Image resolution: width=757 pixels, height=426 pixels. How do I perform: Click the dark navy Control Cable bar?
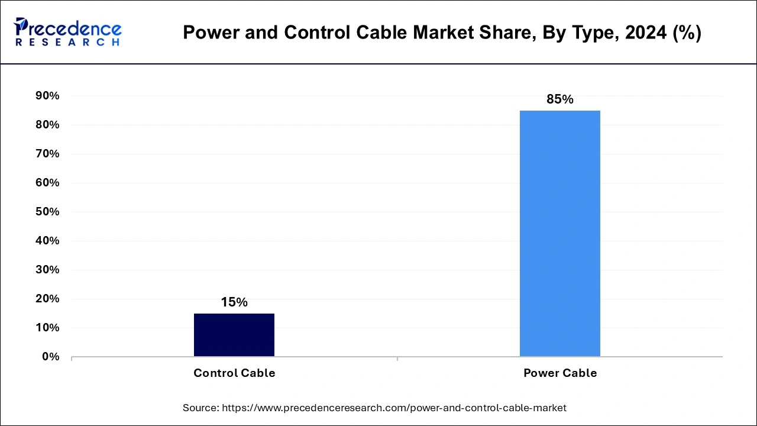coord(234,335)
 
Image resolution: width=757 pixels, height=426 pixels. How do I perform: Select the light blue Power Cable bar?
coord(559,233)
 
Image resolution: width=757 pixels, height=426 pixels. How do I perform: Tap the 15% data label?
coord(234,302)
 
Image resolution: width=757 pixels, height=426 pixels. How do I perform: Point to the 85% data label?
coord(559,99)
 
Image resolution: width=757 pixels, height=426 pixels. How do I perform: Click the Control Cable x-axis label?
coord(234,373)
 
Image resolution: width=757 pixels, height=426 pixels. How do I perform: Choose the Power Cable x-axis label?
coord(559,373)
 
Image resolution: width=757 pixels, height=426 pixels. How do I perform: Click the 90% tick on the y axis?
coord(47,96)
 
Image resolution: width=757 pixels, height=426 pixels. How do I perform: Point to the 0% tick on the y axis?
coord(50,357)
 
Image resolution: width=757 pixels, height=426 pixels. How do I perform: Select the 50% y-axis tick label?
coord(47,212)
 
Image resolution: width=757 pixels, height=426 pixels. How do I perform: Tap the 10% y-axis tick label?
coord(47,328)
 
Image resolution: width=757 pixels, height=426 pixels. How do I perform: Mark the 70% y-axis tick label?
coord(47,154)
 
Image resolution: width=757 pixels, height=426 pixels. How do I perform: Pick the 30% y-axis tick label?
coord(47,270)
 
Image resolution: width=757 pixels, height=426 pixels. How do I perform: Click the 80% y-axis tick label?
coord(47,125)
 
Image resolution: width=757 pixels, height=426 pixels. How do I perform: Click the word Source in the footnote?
coord(200,408)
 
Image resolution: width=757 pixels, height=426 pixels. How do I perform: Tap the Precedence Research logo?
coord(67,32)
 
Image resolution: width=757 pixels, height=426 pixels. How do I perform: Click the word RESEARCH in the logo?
coord(67,43)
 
